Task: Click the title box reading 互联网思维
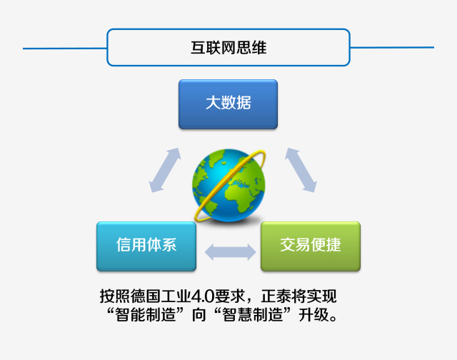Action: [228, 47]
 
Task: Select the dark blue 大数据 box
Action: [228, 104]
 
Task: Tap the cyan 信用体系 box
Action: [146, 246]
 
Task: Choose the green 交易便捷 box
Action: [311, 246]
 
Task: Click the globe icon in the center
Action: [229, 186]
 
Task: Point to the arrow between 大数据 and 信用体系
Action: [165, 170]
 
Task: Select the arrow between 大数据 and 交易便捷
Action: [301, 170]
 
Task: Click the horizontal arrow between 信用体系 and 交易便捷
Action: [230, 252]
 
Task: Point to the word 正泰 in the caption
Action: [276, 296]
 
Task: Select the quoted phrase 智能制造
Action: [146, 315]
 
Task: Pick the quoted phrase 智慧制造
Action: [252, 315]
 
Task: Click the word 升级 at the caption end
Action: [314, 315]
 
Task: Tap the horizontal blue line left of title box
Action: [65, 49]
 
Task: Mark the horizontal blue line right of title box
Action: [392, 47]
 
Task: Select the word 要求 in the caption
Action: [229, 296]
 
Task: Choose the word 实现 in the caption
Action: [321, 296]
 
